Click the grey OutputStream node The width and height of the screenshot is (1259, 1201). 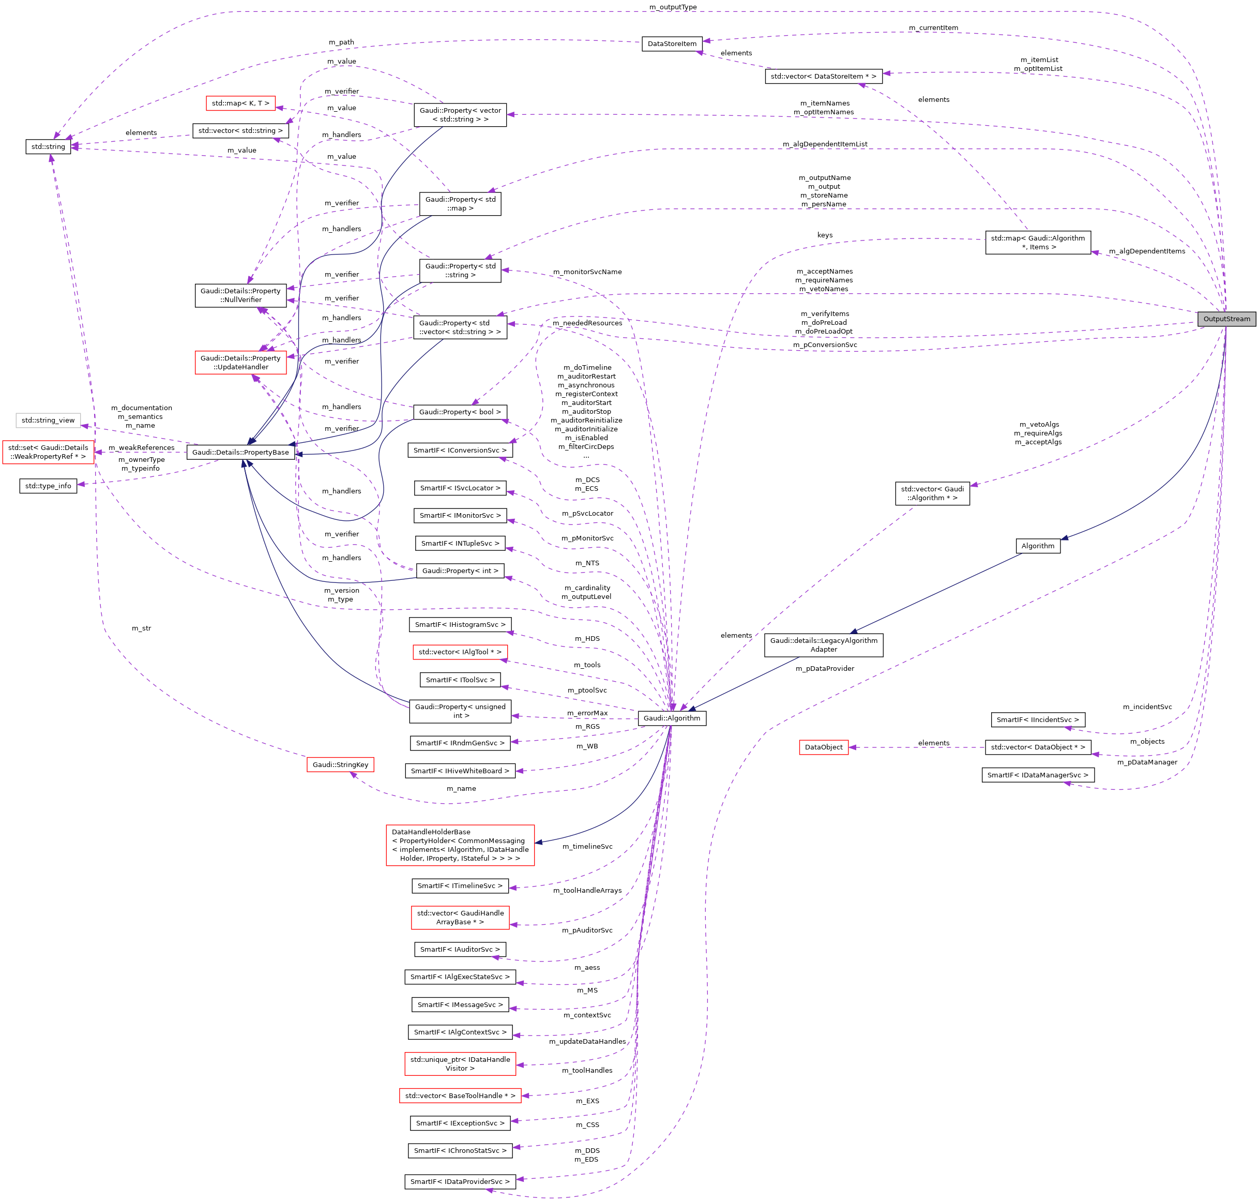1226,319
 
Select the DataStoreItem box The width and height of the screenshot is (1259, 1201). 672,43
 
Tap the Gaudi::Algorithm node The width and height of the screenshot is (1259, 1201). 672,718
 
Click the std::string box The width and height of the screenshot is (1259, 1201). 48,146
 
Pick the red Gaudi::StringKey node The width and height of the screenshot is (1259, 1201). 340,764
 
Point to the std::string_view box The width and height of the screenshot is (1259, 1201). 48,421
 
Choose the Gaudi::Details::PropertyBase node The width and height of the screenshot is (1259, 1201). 240,452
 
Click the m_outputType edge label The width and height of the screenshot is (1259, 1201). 673,7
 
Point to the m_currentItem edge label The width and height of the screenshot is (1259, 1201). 933,27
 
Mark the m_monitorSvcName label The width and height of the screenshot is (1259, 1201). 587,272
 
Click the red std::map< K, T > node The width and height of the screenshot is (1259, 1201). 240,103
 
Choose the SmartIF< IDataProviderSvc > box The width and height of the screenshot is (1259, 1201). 460,1182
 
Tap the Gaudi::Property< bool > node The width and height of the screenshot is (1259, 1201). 460,412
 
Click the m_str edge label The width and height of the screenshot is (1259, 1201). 142,628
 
